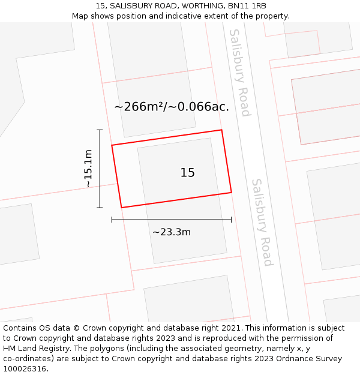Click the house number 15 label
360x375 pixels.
point(187,173)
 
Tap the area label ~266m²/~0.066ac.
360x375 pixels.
point(172,107)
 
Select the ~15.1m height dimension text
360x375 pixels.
point(88,169)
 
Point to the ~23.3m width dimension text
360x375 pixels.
point(172,232)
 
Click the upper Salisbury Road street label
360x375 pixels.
point(239,73)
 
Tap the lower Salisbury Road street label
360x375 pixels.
point(262,222)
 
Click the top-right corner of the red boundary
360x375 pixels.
point(221,130)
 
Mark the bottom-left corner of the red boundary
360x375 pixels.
point(121,208)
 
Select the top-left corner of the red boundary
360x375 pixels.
point(112,145)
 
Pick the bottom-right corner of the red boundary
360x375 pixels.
point(232,193)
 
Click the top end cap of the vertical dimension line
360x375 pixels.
point(100,130)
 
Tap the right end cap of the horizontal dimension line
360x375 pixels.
point(232,220)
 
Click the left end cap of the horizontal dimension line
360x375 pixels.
point(112,220)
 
